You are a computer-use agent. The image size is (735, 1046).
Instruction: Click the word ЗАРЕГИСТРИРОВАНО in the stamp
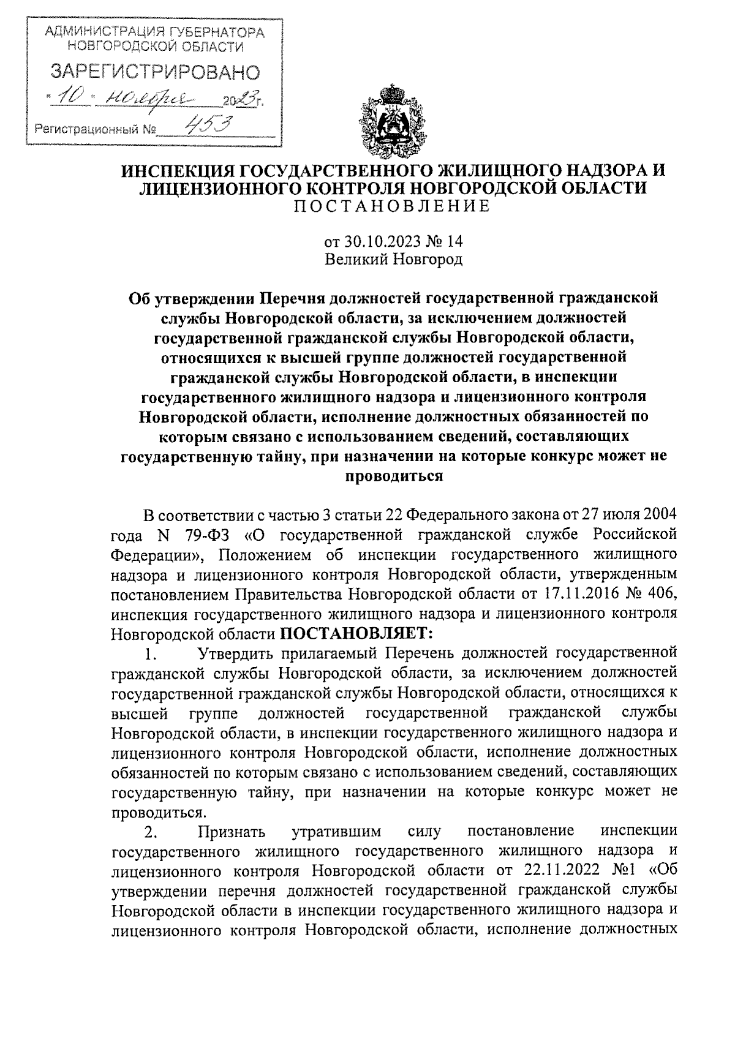[154, 72]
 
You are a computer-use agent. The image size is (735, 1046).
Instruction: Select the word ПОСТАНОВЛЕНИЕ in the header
[393, 206]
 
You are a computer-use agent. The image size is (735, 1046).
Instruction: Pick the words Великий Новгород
[393, 259]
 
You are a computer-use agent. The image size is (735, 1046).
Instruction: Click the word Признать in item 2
[231, 832]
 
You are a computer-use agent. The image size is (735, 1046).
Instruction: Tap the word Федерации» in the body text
[155, 555]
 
